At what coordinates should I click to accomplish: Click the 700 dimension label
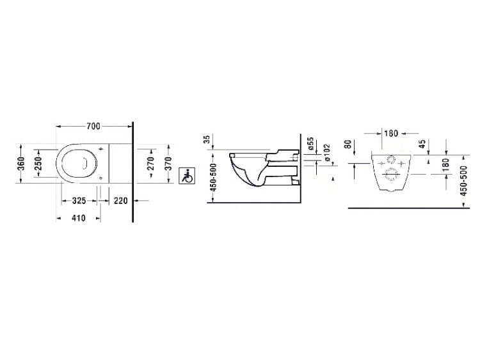[93, 126]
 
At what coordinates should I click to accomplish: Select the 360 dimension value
[20, 164]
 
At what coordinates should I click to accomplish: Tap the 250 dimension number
[38, 163]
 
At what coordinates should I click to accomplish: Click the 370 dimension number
[168, 163]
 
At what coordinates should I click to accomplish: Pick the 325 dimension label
[79, 201]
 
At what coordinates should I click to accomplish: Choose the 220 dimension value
[120, 201]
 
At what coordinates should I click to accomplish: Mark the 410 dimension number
[78, 218]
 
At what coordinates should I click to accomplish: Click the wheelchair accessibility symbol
[187, 176]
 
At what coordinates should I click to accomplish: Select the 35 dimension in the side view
[207, 139]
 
